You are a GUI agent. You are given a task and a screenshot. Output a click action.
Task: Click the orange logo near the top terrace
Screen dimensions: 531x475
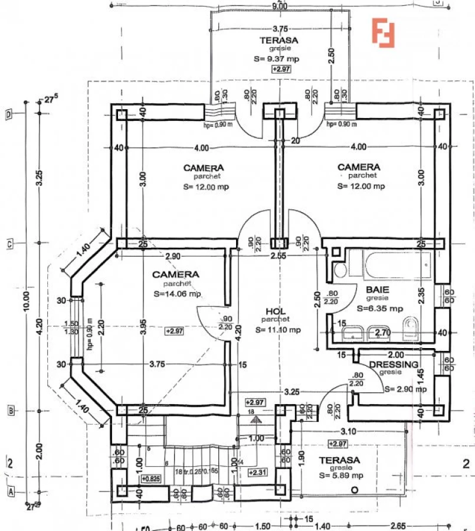click(382, 32)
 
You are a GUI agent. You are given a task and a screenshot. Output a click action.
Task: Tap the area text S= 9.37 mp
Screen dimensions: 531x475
click(276, 59)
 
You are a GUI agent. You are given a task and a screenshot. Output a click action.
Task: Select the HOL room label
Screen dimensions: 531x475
click(276, 311)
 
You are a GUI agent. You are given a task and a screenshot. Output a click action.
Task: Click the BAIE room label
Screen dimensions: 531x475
click(377, 290)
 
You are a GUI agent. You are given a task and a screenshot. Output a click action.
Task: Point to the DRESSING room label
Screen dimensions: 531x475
click(394, 365)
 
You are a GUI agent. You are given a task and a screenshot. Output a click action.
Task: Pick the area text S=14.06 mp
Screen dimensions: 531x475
click(177, 293)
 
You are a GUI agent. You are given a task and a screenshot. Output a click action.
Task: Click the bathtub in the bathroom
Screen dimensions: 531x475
click(389, 266)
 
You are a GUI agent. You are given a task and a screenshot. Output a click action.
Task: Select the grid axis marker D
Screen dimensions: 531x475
click(9, 114)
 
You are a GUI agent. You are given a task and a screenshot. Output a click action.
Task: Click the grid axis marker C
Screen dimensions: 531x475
click(9, 243)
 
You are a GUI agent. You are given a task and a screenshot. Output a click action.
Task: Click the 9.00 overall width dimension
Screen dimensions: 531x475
click(280, 6)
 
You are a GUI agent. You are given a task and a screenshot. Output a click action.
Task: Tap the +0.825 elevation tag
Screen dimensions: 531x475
click(150, 478)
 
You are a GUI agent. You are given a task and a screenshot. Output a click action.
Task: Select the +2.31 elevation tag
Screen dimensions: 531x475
click(257, 473)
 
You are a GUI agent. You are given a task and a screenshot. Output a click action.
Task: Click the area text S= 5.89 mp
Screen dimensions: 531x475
click(341, 475)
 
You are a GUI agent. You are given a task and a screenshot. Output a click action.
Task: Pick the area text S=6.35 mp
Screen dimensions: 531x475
click(381, 308)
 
